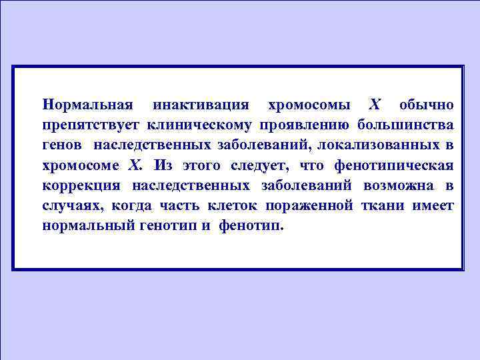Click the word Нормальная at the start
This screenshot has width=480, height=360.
[86, 105]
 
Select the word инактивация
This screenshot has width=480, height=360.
[201, 105]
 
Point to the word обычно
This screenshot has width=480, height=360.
[427, 105]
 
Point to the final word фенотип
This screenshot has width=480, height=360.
[253, 225]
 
